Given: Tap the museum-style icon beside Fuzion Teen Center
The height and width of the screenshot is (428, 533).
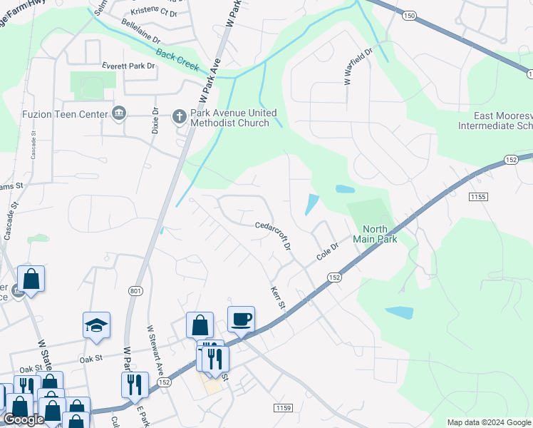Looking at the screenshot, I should [x=119, y=113].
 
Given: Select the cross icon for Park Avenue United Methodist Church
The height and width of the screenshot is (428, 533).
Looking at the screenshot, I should [x=180, y=115].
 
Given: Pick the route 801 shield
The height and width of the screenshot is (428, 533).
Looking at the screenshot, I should [x=135, y=291].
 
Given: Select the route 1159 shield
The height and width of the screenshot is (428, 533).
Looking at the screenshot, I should [x=281, y=407].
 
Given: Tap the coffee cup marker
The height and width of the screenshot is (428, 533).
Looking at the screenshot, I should [x=241, y=318].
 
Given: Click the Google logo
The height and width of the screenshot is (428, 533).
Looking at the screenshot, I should [x=25, y=420].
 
